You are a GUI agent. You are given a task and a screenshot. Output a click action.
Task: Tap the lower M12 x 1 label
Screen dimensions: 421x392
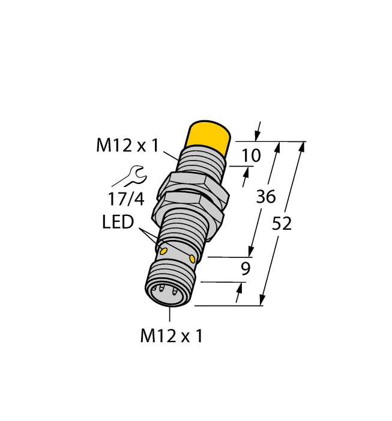coord(172,336)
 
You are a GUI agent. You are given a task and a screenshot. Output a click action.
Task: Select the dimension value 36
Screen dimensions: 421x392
coord(266,196)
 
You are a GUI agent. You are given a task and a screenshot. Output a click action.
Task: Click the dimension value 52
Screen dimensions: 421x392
coord(282,224)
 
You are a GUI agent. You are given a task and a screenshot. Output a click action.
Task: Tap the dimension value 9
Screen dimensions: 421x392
coord(245,269)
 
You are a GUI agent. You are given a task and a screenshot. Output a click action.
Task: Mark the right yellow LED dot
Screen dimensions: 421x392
coord(192,259)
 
